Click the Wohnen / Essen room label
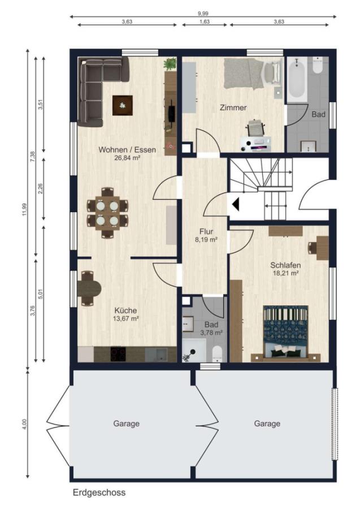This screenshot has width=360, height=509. point(127,150)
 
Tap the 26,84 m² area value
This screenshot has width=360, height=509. point(127,158)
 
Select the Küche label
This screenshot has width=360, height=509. point(125,310)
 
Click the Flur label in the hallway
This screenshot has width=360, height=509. point(206,231)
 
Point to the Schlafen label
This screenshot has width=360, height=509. point(285,265)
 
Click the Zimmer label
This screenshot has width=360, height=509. point(233,107)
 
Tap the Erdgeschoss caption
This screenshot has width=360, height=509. point(99,493)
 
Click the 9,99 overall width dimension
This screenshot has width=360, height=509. point(203,14)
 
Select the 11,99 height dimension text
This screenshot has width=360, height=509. point(25,209)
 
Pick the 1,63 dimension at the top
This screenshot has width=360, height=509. point(205,21)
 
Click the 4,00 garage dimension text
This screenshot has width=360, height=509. point(25,424)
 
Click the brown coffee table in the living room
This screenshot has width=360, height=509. point(123,105)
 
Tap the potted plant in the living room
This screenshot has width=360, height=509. point(170,64)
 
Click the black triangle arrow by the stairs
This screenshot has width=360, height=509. point(236,204)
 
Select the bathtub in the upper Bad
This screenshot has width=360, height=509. point(297,79)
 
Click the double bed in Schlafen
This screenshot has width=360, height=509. point(285,333)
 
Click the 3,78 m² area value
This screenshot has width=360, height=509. point(211,333)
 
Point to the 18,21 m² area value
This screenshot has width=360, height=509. point(285,273)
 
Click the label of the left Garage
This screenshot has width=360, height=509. point(126,424)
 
